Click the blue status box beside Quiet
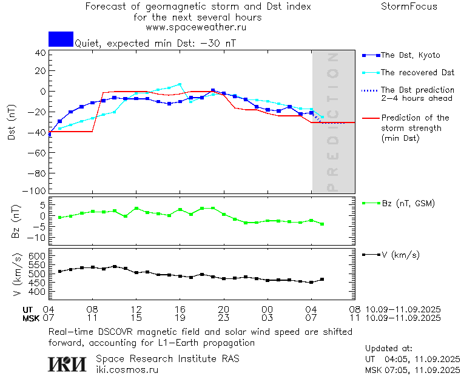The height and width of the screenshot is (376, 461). (61, 39)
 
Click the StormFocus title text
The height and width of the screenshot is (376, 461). (409, 7)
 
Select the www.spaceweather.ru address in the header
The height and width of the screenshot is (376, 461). (196, 27)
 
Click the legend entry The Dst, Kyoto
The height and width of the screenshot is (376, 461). (409, 55)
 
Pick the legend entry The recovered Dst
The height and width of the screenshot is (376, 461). (417, 72)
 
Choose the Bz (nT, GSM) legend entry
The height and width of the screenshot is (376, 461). (408, 203)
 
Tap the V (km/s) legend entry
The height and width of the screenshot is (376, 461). (400, 255)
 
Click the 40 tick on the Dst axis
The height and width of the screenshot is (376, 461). (41, 53)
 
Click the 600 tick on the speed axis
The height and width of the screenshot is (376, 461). (38, 257)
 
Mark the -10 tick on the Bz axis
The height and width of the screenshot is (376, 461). (38, 236)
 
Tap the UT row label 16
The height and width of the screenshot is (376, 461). (180, 309)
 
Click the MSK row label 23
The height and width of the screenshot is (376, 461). (223, 317)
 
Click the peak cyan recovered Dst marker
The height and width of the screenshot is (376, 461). (180, 84)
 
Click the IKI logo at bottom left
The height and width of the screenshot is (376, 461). (68, 363)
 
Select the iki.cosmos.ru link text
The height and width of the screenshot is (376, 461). (127, 369)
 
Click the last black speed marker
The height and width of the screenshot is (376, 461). (322, 279)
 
